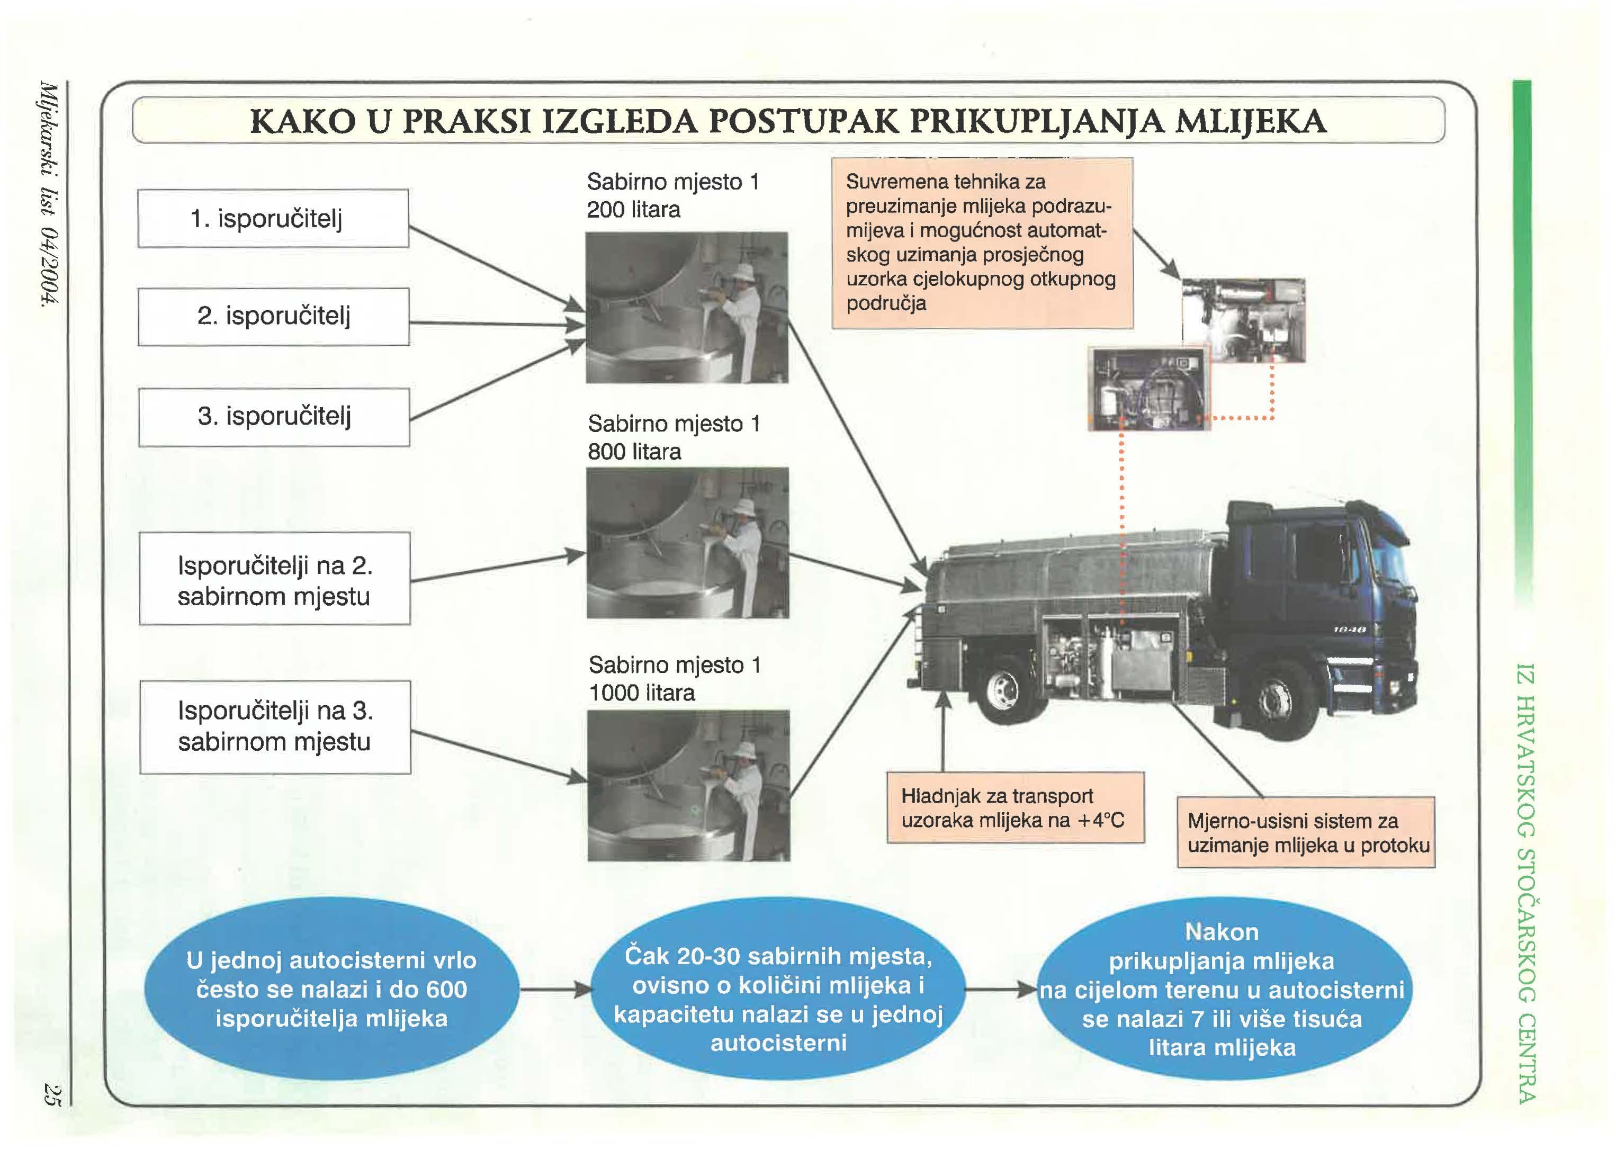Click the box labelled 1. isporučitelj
273,218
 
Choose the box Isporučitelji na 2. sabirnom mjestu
274,579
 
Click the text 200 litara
633,210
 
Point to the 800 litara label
634,452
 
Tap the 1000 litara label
642,693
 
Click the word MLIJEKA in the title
1250,121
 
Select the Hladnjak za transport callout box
1015,807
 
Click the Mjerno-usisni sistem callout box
1305,833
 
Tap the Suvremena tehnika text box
982,243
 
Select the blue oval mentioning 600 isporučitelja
331,989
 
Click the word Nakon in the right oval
1222,932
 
